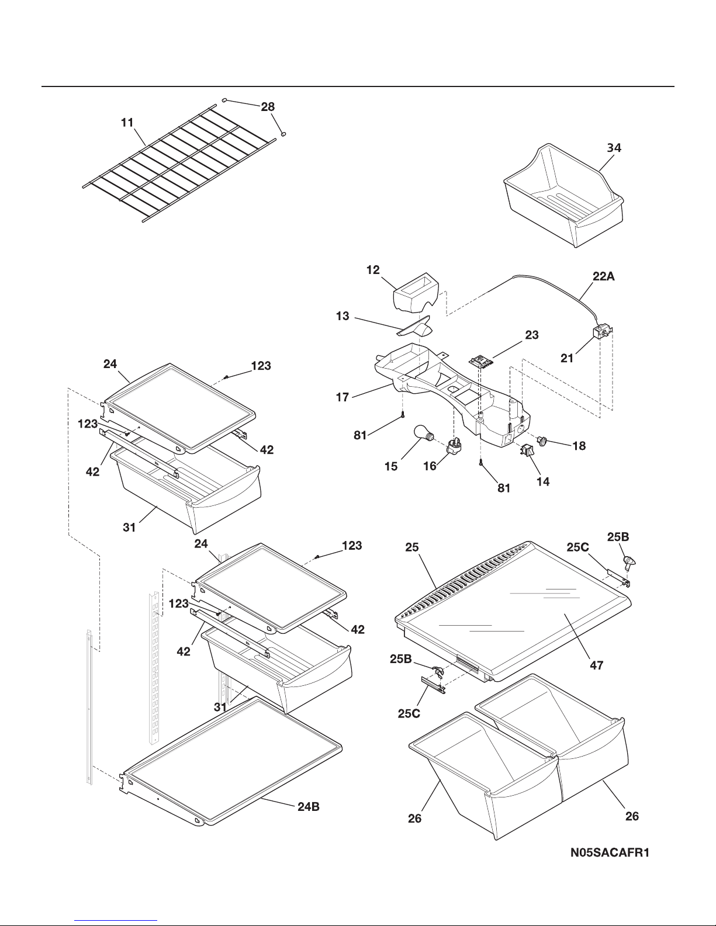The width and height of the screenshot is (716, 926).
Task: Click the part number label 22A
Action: tap(603, 276)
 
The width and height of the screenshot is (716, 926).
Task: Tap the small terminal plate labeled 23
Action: tap(481, 362)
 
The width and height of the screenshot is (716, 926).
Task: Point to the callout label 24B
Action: tap(309, 807)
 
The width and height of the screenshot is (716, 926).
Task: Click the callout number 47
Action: tap(596, 665)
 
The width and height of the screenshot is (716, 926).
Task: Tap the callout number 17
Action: tap(343, 397)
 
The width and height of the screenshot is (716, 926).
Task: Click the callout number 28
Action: tap(268, 106)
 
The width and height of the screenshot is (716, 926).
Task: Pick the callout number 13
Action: tap(343, 315)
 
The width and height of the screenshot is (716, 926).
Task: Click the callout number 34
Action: tap(614, 148)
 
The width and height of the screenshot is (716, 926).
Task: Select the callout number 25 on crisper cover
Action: tap(411, 547)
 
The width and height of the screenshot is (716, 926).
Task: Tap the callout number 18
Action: tap(579, 446)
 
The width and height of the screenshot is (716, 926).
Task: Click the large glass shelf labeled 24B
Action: tap(231, 763)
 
